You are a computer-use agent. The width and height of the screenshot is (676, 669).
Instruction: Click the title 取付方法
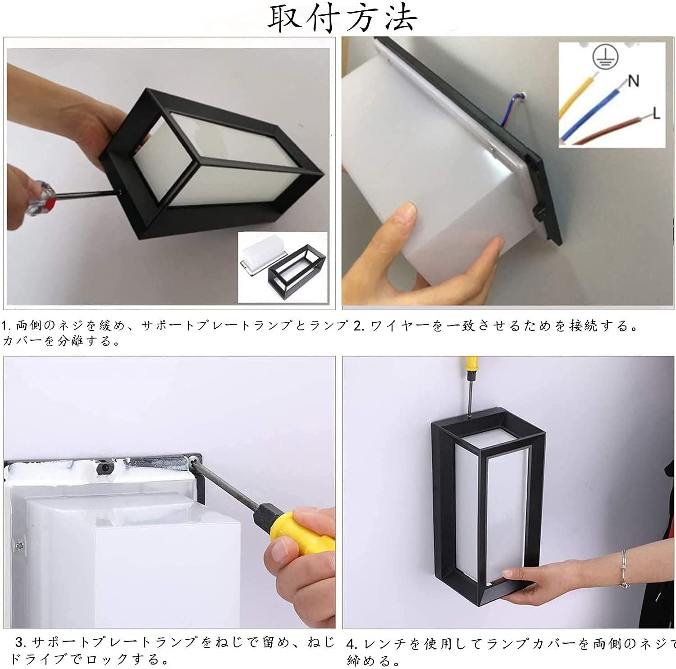[x=343, y=18]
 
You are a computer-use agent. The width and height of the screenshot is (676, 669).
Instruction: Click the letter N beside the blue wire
[x=634, y=81]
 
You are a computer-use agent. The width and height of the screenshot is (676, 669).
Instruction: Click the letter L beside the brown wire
[x=656, y=113]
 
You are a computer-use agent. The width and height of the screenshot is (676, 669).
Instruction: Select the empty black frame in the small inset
[x=297, y=271]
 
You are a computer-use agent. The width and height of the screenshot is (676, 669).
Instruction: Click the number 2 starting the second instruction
[x=357, y=326]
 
